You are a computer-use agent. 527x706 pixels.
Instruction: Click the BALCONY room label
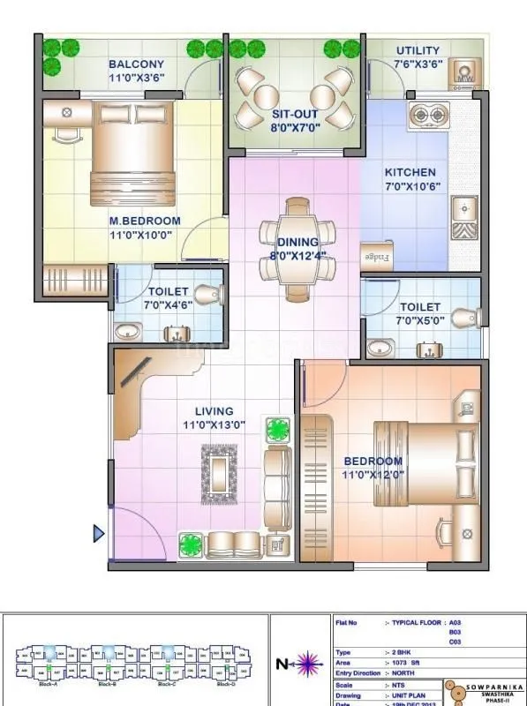(136, 64)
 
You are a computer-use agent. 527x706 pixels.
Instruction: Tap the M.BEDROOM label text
(145, 221)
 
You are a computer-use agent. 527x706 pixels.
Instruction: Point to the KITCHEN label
(410, 172)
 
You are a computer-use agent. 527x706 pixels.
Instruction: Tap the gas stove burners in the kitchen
(428, 113)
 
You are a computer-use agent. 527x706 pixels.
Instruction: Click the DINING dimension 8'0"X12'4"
(297, 257)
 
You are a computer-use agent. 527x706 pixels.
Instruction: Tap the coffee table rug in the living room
(219, 473)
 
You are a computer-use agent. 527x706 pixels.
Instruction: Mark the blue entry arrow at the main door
(99, 533)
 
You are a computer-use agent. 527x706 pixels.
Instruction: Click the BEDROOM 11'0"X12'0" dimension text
(373, 475)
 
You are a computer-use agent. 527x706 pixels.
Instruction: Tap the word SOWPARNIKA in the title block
(487, 686)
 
